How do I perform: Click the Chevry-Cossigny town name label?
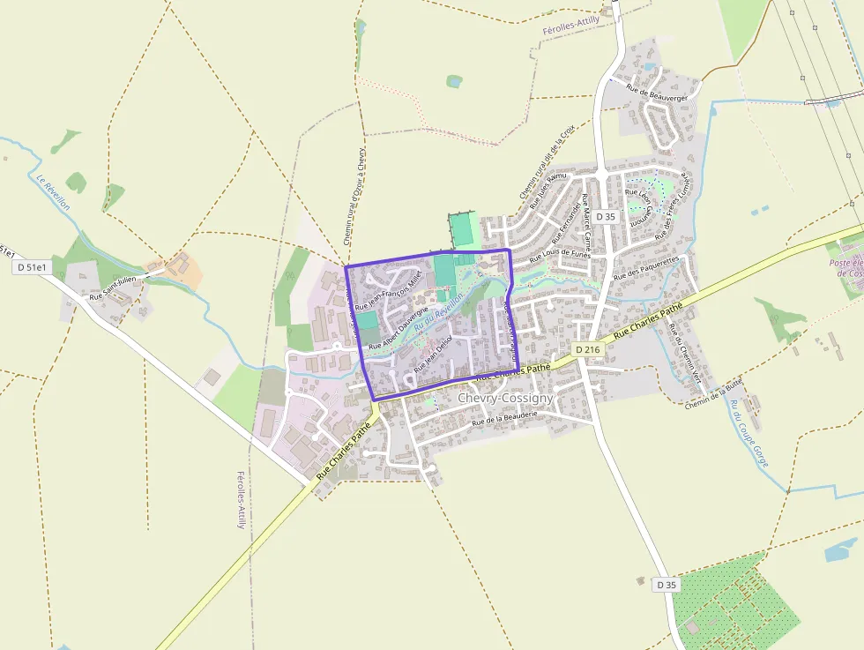point(505,399)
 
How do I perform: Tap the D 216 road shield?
point(587,350)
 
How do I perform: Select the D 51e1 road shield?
point(33,266)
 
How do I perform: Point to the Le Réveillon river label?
point(54,191)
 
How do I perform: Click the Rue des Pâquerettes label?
point(647,267)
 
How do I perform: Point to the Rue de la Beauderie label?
point(504,417)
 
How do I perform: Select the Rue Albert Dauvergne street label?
point(398,328)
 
